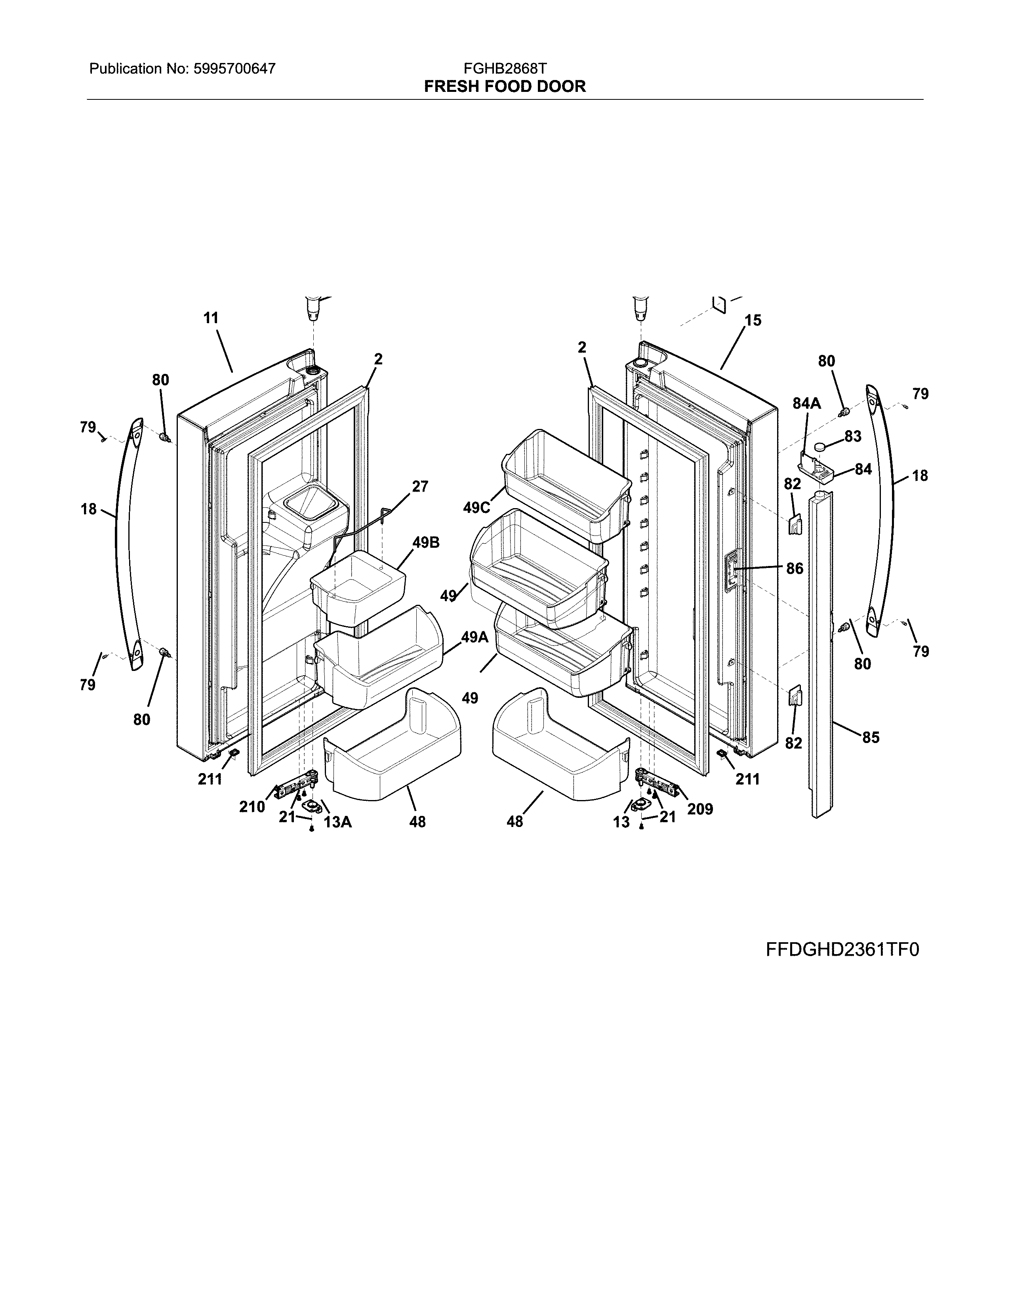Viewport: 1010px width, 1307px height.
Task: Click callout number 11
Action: [x=211, y=318]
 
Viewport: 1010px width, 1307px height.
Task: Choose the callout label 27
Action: [x=420, y=486]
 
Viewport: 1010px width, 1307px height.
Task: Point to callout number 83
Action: [x=853, y=436]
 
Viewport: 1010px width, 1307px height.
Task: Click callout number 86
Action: [x=795, y=568]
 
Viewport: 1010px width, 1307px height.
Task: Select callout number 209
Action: [x=700, y=809]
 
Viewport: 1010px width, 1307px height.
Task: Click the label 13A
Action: [x=337, y=822]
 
